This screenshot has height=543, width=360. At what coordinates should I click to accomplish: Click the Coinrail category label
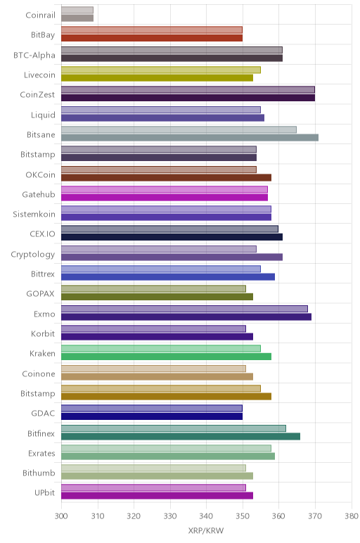click(40, 15)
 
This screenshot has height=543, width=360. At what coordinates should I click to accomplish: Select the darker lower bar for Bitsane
click(190, 138)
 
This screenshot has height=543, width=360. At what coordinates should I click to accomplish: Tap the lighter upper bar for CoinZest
click(188, 90)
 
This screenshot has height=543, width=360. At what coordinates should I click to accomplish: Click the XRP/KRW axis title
click(206, 530)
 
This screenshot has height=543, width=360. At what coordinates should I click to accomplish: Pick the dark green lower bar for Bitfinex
click(181, 436)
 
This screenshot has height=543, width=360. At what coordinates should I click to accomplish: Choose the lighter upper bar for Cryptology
click(159, 249)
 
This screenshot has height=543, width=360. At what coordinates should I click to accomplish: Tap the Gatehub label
click(39, 195)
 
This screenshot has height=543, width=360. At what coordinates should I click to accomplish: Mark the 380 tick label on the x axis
click(351, 516)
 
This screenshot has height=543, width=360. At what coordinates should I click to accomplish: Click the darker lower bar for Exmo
click(186, 317)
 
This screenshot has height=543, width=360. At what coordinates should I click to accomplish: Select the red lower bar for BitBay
click(152, 38)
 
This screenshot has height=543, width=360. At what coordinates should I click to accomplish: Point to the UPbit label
click(45, 492)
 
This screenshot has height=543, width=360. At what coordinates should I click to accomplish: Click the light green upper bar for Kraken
click(161, 348)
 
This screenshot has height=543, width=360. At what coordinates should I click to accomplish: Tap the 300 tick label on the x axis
click(61, 516)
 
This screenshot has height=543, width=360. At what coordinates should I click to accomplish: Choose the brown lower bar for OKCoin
click(166, 178)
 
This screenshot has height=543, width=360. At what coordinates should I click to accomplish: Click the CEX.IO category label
click(42, 234)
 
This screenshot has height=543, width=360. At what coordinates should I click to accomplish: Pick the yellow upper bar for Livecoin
click(161, 70)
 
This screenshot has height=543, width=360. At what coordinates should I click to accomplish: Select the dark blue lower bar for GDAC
click(152, 416)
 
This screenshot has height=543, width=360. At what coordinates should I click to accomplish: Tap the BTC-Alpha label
click(34, 56)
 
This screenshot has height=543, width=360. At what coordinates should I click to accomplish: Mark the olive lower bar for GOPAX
click(157, 297)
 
